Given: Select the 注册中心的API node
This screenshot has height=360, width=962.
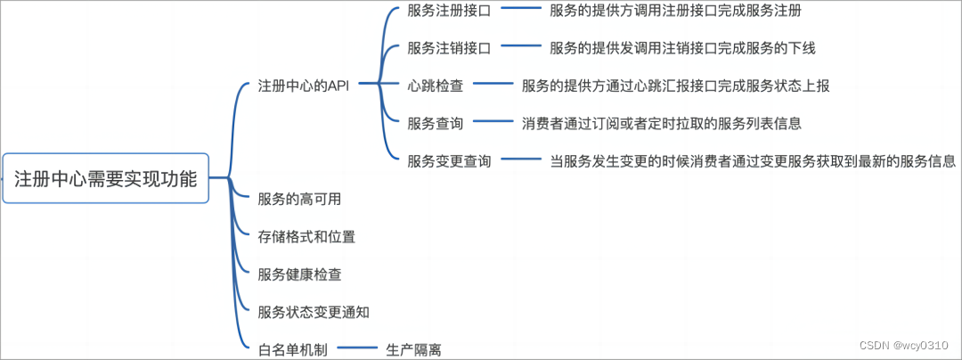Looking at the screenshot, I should [303, 86].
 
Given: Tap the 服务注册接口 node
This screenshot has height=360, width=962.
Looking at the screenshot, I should [448, 12].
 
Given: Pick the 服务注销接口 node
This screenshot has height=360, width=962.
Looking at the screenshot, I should [448, 48].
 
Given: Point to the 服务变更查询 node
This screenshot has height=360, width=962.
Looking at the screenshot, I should [448, 161].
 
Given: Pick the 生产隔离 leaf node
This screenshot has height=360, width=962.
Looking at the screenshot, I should [413, 349].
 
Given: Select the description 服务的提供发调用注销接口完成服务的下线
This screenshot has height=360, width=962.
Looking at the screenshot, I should [682, 48].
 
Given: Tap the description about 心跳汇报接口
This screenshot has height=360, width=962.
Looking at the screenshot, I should [676, 86].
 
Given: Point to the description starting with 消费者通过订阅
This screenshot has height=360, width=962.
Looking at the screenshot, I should [662, 124].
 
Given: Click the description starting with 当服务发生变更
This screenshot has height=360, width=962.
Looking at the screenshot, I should [753, 161].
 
